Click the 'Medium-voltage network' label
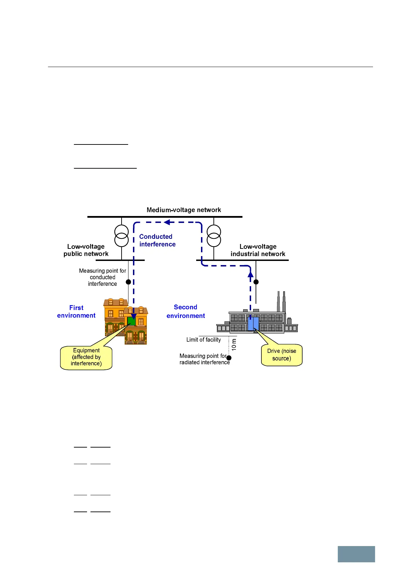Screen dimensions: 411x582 tap(183, 210)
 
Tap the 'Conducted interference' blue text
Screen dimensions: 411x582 tap(157, 240)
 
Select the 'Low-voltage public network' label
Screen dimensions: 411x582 tap(86, 250)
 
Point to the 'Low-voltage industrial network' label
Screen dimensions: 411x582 tap(258, 250)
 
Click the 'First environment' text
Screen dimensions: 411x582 tap(76, 311)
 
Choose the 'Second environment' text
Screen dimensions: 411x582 tap(185, 311)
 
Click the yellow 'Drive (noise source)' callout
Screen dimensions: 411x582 tap(282, 355)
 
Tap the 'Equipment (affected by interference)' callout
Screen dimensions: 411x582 tap(86, 358)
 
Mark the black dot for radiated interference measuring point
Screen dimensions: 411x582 tap(229, 358)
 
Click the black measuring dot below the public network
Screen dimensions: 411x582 tap(128, 282)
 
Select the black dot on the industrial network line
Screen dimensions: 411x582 tap(256, 282)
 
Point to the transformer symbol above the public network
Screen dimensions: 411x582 tap(122, 236)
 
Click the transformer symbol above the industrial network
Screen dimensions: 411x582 tap(214, 236)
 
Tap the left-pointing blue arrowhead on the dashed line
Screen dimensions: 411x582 tap(167, 222)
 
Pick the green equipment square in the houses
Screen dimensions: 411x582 tap(131, 321)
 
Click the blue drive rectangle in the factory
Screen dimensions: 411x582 tap(253, 324)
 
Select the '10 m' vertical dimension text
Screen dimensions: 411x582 tap(234, 345)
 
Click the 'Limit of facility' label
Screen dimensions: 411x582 tap(203, 340)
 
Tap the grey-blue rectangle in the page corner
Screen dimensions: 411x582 tap(356, 554)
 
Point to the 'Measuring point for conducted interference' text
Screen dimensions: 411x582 tap(103, 277)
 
